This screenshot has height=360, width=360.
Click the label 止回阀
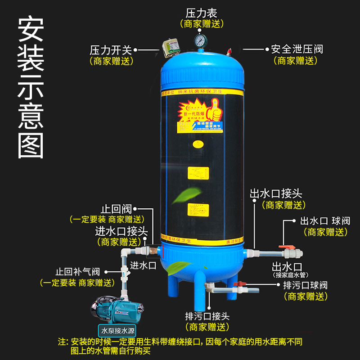point(116,209)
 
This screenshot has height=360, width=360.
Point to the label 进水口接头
point(121,231)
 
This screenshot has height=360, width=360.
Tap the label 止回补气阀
point(77,272)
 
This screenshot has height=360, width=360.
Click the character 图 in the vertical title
point(31,143)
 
